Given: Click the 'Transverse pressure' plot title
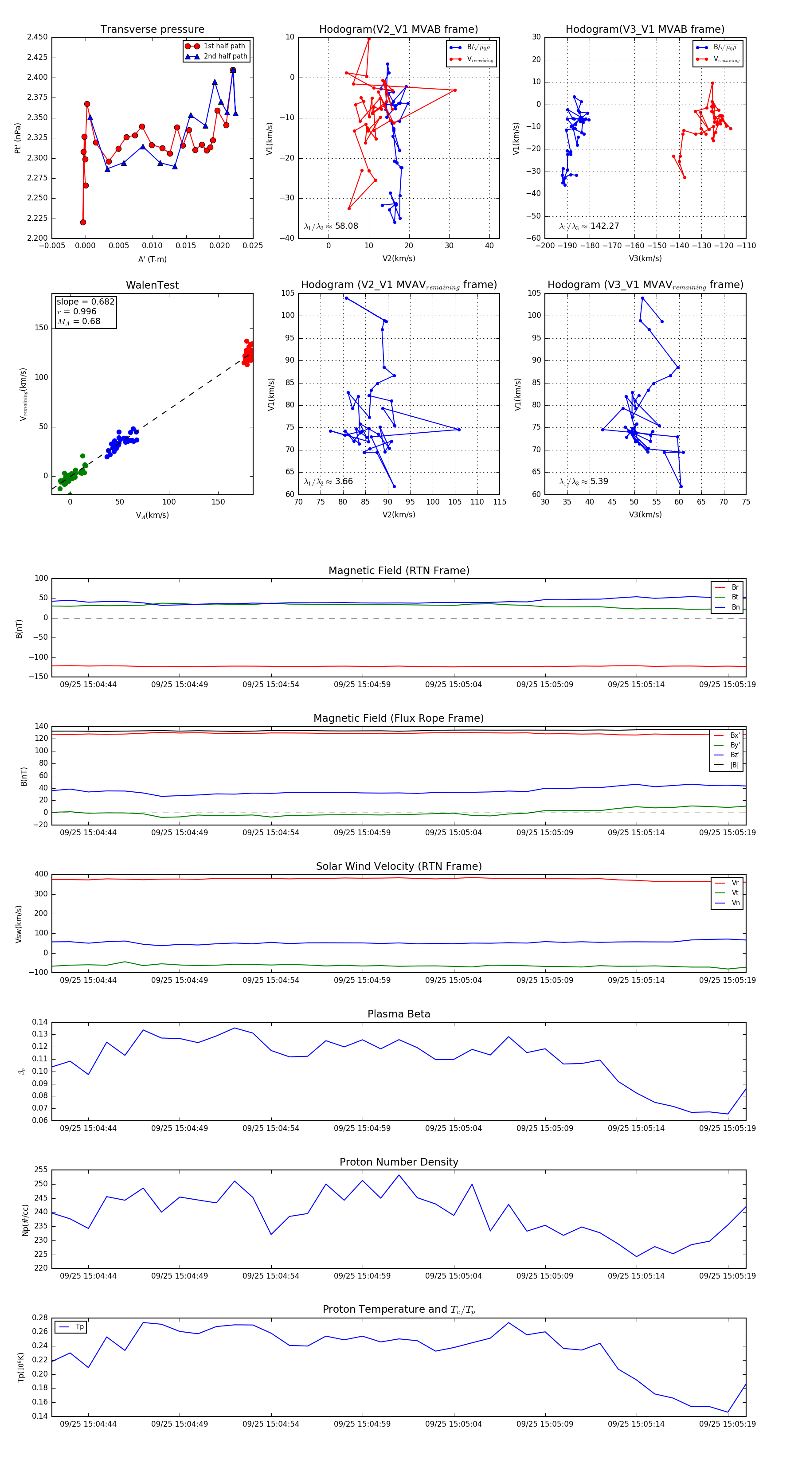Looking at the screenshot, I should (152, 30).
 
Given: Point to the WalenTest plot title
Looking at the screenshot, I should (152, 285).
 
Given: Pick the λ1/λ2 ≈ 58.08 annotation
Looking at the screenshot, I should (331, 226).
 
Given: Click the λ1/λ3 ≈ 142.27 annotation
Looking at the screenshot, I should (589, 226).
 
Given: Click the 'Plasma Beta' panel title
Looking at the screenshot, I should (399, 1014).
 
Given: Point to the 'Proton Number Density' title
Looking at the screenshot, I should (399, 1162).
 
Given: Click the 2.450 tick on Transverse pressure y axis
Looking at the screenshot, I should (38, 37).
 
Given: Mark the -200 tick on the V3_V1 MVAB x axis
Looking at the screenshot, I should (545, 246).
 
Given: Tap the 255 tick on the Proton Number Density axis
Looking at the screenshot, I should (41, 1170).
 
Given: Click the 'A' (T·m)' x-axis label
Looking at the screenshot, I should (152, 259).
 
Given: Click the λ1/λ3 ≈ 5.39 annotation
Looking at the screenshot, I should (583, 481).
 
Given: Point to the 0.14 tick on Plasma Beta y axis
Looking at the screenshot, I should (40, 1022).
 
